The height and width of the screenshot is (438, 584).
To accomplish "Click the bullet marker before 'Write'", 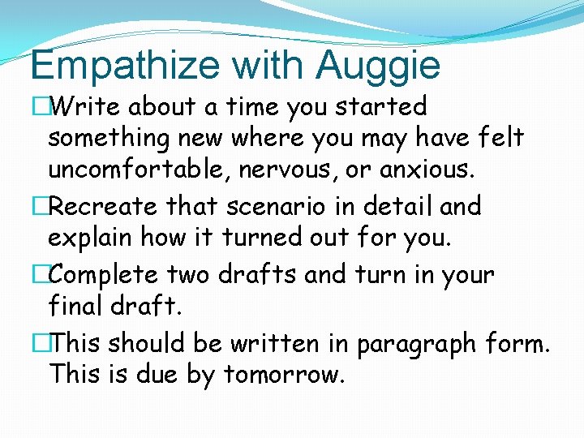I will [x=38, y=106].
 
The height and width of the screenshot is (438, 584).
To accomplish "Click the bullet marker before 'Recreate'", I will [x=38, y=206].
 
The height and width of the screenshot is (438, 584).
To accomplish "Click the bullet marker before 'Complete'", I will [x=38, y=274].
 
